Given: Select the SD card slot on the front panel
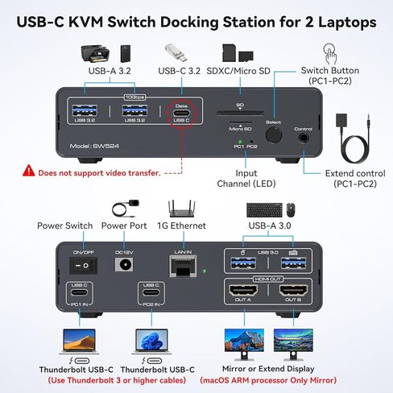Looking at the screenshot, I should tap(239, 114).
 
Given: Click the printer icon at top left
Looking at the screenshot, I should tap(95, 55).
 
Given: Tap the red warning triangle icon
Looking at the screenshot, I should tap(29, 171).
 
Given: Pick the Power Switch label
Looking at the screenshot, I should tap(64, 225).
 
